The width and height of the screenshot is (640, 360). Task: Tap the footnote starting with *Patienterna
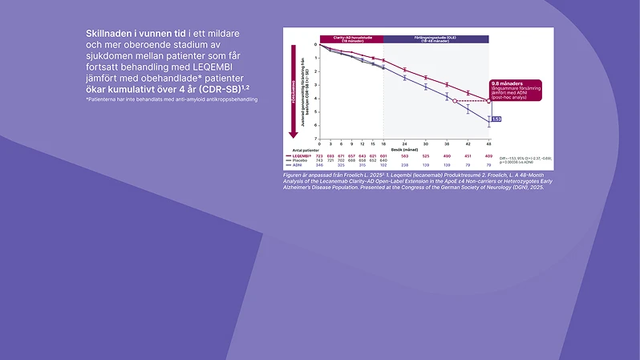(172, 99)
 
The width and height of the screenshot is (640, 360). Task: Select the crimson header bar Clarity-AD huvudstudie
(351, 38)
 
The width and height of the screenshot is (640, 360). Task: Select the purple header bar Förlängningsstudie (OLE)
(435, 38)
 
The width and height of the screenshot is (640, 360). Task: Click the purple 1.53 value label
(496, 119)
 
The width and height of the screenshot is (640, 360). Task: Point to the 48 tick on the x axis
(488, 144)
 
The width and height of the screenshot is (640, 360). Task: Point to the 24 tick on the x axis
(404, 144)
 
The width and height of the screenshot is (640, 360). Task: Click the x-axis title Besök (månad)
(404, 149)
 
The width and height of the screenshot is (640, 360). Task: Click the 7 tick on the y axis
(316, 139)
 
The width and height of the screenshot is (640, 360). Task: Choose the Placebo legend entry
(300, 160)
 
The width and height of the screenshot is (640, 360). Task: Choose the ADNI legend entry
(298, 165)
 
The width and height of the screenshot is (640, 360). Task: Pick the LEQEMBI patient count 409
(488, 156)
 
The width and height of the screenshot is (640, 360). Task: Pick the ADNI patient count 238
(404, 165)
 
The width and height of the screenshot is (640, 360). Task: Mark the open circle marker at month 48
(488, 101)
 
